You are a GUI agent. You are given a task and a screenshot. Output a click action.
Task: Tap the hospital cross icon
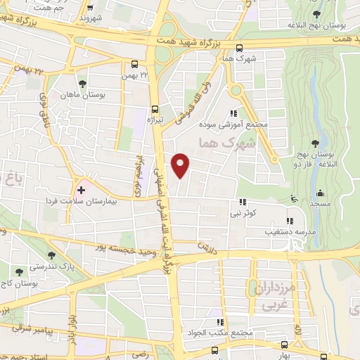[x=81, y=189]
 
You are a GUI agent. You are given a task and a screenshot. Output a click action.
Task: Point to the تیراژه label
[x=154, y=120]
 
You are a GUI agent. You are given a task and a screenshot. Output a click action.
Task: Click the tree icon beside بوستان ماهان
[x=83, y=84]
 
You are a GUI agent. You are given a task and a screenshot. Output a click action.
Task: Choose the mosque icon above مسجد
[x=320, y=193]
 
